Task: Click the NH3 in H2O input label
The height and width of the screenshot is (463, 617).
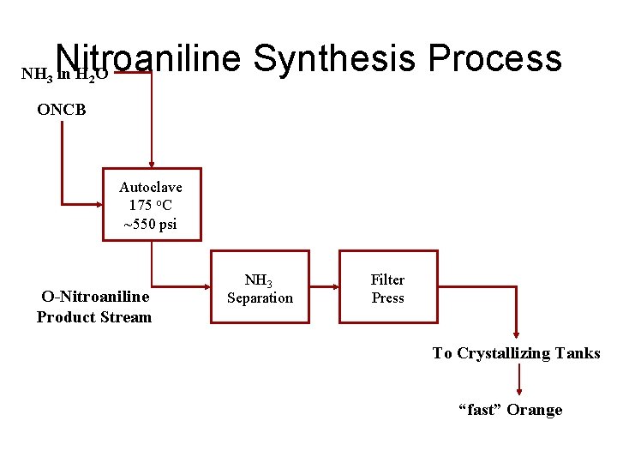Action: tap(64, 74)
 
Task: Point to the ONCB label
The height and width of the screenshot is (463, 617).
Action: tap(62, 110)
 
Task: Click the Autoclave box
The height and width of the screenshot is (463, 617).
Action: tap(152, 204)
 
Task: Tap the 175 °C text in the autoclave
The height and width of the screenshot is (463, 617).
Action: tap(150, 206)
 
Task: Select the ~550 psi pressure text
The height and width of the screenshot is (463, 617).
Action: tap(150, 225)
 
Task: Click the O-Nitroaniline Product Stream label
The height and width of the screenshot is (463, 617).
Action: tap(94, 307)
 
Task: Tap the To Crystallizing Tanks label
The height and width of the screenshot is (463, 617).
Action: tap(516, 353)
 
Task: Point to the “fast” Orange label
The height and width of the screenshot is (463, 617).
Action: tap(511, 410)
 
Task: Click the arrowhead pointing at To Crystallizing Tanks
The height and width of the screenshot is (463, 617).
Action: tap(516, 337)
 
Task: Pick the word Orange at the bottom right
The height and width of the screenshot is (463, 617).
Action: tap(535, 410)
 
